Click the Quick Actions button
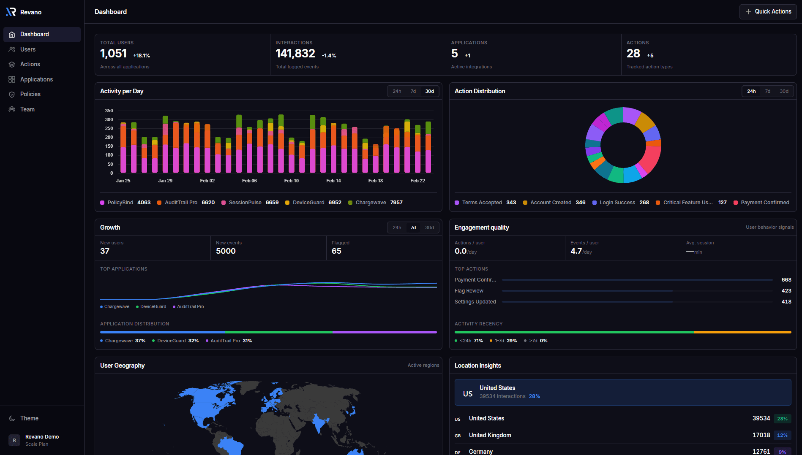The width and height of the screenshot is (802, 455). pyautogui.click(x=768, y=12)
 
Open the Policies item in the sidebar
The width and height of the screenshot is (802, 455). pyautogui.click(x=30, y=94)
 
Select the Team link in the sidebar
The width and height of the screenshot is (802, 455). pyautogui.click(x=27, y=109)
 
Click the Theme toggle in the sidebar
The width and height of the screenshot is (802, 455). pyautogui.click(x=29, y=418)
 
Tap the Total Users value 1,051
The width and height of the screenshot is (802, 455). pyautogui.click(x=113, y=54)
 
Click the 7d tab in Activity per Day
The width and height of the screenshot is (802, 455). pyautogui.click(x=413, y=91)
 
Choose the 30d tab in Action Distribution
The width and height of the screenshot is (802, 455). pyautogui.click(x=784, y=91)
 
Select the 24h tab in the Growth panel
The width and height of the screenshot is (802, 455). pyautogui.click(x=397, y=227)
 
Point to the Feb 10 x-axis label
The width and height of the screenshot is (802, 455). pyautogui.click(x=291, y=181)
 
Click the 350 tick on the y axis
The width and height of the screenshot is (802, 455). pyautogui.click(x=109, y=111)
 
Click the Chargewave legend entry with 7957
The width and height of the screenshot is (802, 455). pyautogui.click(x=375, y=203)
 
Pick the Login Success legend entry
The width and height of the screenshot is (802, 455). pyautogui.click(x=617, y=203)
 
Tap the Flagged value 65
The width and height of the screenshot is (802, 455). pyautogui.click(x=336, y=251)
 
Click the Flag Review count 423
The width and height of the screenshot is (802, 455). pyautogui.click(x=786, y=291)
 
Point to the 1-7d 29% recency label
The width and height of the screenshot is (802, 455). pyautogui.click(x=505, y=341)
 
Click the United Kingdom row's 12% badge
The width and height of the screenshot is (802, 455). pyautogui.click(x=782, y=435)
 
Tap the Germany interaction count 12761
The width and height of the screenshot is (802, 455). pyautogui.click(x=761, y=451)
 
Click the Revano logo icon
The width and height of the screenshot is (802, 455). pyautogui.click(x=11, y=12)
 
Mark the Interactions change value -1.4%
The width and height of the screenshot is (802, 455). pyautogui.click(x=329, y=56)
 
